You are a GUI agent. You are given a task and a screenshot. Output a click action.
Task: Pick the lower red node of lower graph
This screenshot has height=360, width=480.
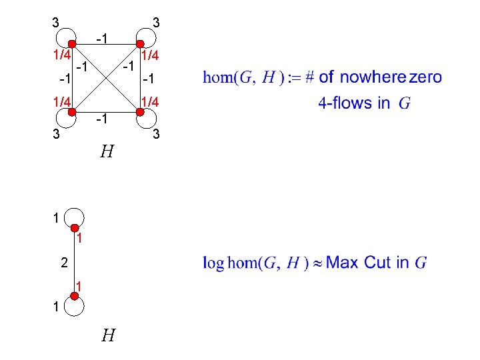(74, 295)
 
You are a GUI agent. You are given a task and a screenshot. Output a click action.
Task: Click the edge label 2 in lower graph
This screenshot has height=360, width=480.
(63, 263)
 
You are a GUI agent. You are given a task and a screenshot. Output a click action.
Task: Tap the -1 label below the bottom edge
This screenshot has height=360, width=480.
(103, 120)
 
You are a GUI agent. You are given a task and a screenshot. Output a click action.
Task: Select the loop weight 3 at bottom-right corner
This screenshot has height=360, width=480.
(156, 135)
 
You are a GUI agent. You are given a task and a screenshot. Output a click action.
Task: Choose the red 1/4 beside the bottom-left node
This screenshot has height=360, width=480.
(62, 101)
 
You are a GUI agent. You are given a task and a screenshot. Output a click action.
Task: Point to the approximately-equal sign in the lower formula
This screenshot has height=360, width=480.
(317, 263)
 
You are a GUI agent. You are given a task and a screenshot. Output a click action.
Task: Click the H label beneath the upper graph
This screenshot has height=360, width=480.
(105, 153)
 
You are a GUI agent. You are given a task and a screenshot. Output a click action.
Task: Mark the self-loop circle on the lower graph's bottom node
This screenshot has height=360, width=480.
(74, 307)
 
